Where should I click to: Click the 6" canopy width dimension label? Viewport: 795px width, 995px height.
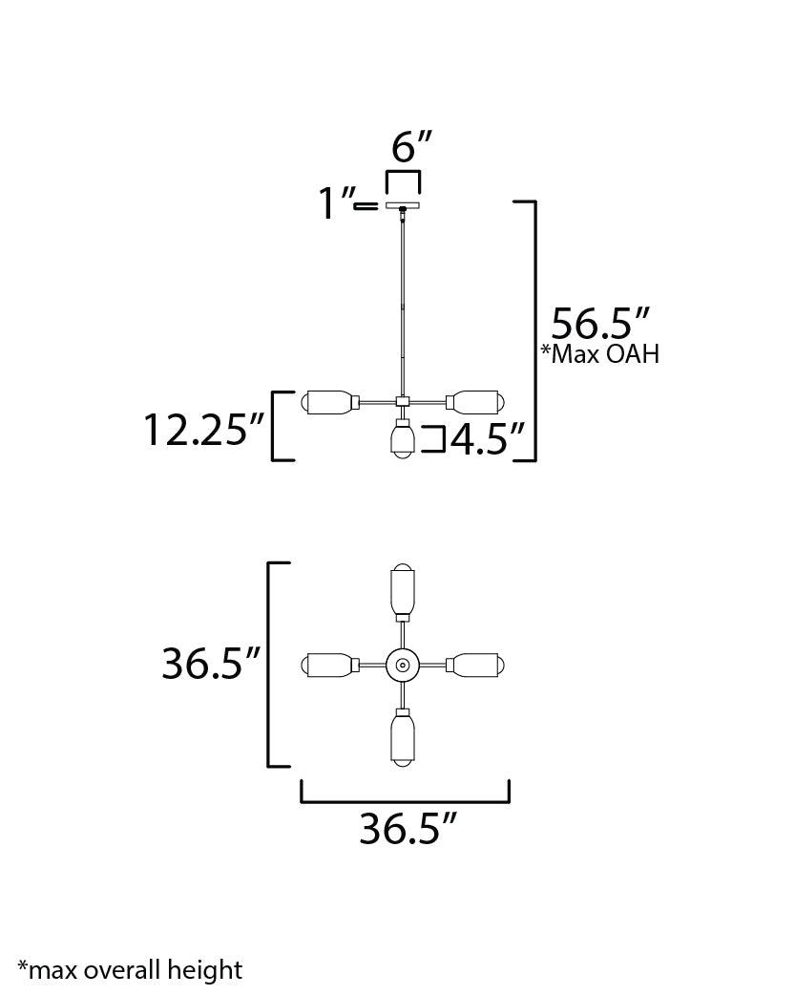coord(411,147)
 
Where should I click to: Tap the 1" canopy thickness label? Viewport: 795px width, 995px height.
coord(336,202)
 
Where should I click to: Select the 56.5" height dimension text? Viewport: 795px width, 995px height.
coord(600,324)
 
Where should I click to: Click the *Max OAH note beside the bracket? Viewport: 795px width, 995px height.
coord(600,353)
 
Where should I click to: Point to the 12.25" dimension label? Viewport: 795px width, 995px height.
coord(203,430)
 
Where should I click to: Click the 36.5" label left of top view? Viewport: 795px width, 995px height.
coord(211,664)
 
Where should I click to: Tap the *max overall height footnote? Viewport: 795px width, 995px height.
coord(130,970)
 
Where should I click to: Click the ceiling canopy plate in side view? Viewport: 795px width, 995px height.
coord(403,205)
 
